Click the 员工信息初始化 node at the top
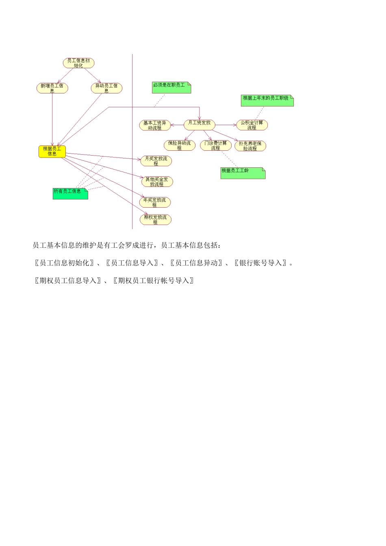pyautogui.click(x=78, y=63)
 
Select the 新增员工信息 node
pyautogui.click(x=52, y=88)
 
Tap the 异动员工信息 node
pyautogui.click(x=106, y=88)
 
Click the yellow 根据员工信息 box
pyautogui.click(x=52, y=151)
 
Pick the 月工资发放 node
pyautogui.click(x=200, y=124)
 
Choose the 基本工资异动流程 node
pyautogui.click(x=155, y=125)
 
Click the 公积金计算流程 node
pyautogui.click(x=252, y=125)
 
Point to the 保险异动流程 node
pyautogui.click(x=179, y=145)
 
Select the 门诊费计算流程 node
pyautogui.click(x=216, y=145)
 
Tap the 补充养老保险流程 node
pyautogui.click(x=250, y=146)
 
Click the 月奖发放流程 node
pyautogui.click(x=156, y=161)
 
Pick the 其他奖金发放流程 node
pyautogui.click(x=157, y=181)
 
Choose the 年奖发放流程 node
pyautogui.click(x=155, y=202)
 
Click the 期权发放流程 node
pyautogui.click(x=155, y=219)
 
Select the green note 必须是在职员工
pyautogui.click(x=171, y=87)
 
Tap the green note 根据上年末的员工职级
pyautogui.click(x=267, y=100)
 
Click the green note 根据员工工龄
pyautogui.click(x=243, y=173)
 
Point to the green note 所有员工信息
pyautogui.click(x=70, y=193)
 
